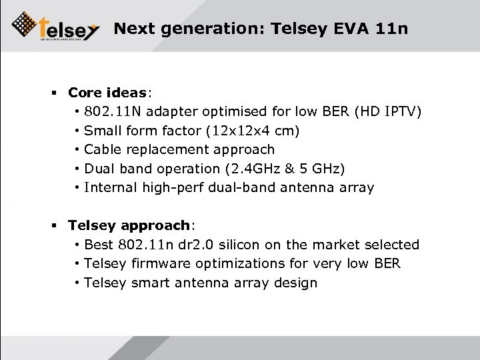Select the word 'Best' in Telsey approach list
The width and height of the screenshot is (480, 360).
coord(99,245)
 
